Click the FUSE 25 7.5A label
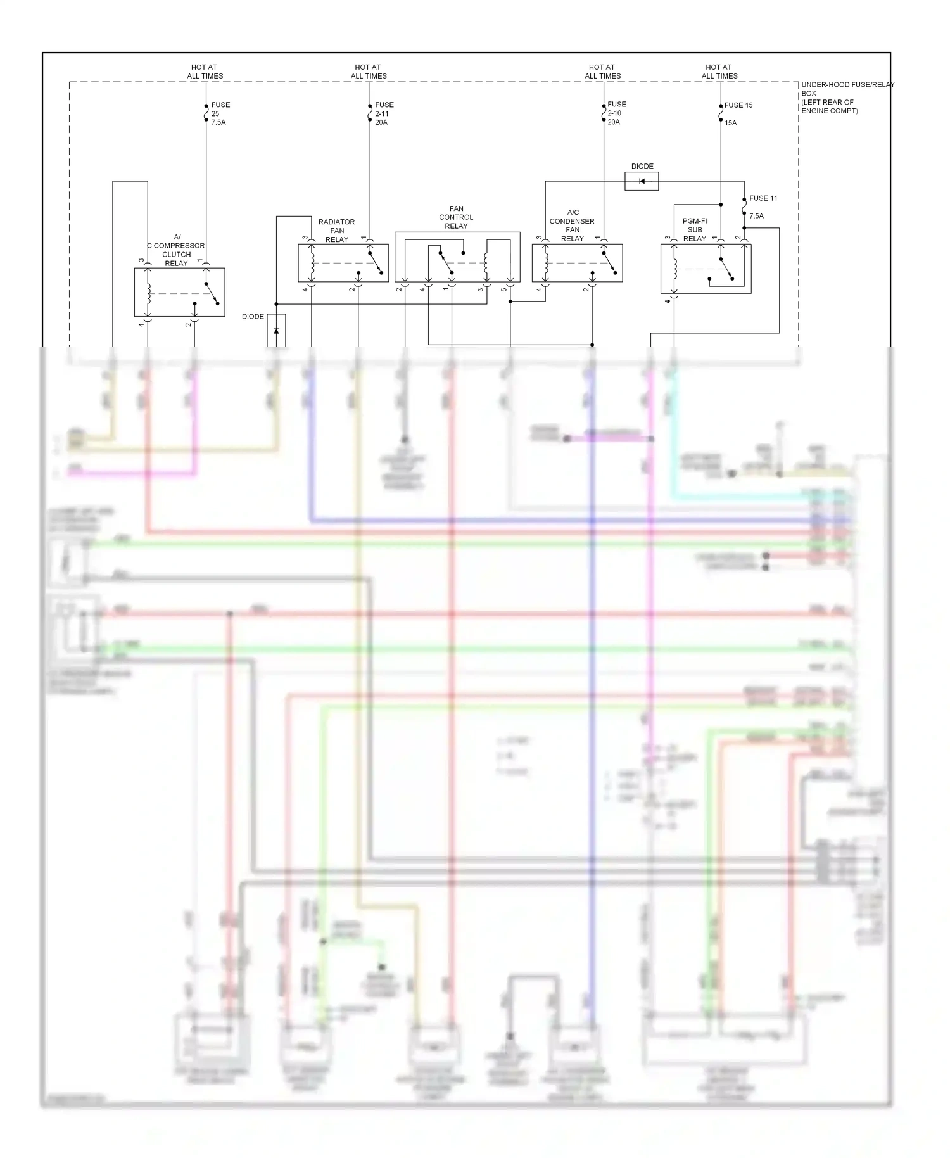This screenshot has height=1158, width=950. pos(218,113)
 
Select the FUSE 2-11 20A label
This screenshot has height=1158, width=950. pos(383,113)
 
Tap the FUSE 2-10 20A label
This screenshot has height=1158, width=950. pos(616,113)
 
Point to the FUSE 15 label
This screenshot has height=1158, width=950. pos(738,105)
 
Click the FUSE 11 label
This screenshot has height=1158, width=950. pos(763,198)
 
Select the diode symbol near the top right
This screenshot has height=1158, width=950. pos(642,182)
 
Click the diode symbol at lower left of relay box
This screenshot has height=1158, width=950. pos(276,331)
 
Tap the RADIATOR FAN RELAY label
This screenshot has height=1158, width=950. pos(336,231)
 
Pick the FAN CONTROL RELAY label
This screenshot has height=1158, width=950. pos(456,217)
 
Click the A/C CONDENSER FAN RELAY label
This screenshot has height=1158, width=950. pos(572,226)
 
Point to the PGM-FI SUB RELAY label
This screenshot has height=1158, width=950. pos(695,230)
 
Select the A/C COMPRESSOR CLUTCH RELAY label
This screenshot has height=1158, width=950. pos(176,250)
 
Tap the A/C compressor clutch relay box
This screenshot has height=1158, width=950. pos(179,293)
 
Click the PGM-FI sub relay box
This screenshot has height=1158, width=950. pos(706,269)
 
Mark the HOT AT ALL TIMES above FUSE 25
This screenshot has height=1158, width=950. pos(205,72)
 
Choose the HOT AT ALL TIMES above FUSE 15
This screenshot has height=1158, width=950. pos(719,72)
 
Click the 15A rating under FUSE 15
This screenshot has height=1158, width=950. pos(731,123)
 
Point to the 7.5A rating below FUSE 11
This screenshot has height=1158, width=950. pos(756,216)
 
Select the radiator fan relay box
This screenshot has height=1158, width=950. pos(343,263)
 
